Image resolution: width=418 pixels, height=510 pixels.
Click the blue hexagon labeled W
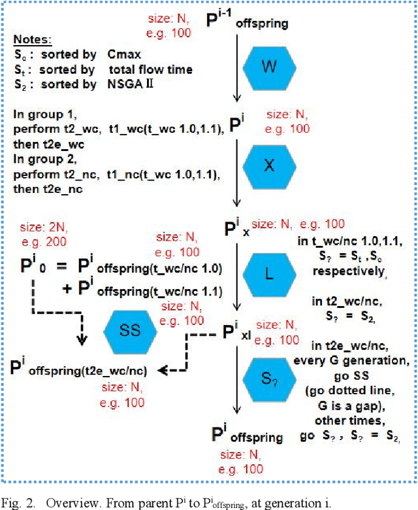(x=270, y=65)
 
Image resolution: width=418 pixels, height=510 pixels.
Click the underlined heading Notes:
(x=32, y=40)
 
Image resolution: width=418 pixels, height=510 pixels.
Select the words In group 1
(x=39, y=114)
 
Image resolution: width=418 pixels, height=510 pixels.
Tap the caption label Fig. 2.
(x=20, y=503)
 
